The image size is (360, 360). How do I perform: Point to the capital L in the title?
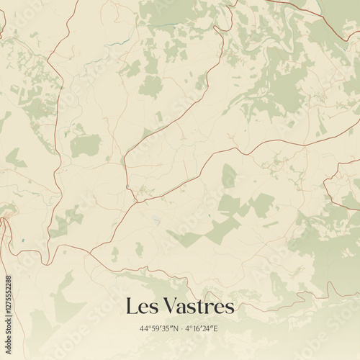point(130,307)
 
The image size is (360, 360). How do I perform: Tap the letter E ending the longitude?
point(217,328)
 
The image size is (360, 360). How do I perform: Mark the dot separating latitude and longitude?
point(181,328)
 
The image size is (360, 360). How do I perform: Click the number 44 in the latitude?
point(145,328)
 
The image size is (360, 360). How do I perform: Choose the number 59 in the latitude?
point(155,328)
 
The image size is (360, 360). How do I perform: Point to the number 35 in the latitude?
point(165,328)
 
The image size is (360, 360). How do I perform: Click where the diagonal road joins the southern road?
point(92,253)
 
